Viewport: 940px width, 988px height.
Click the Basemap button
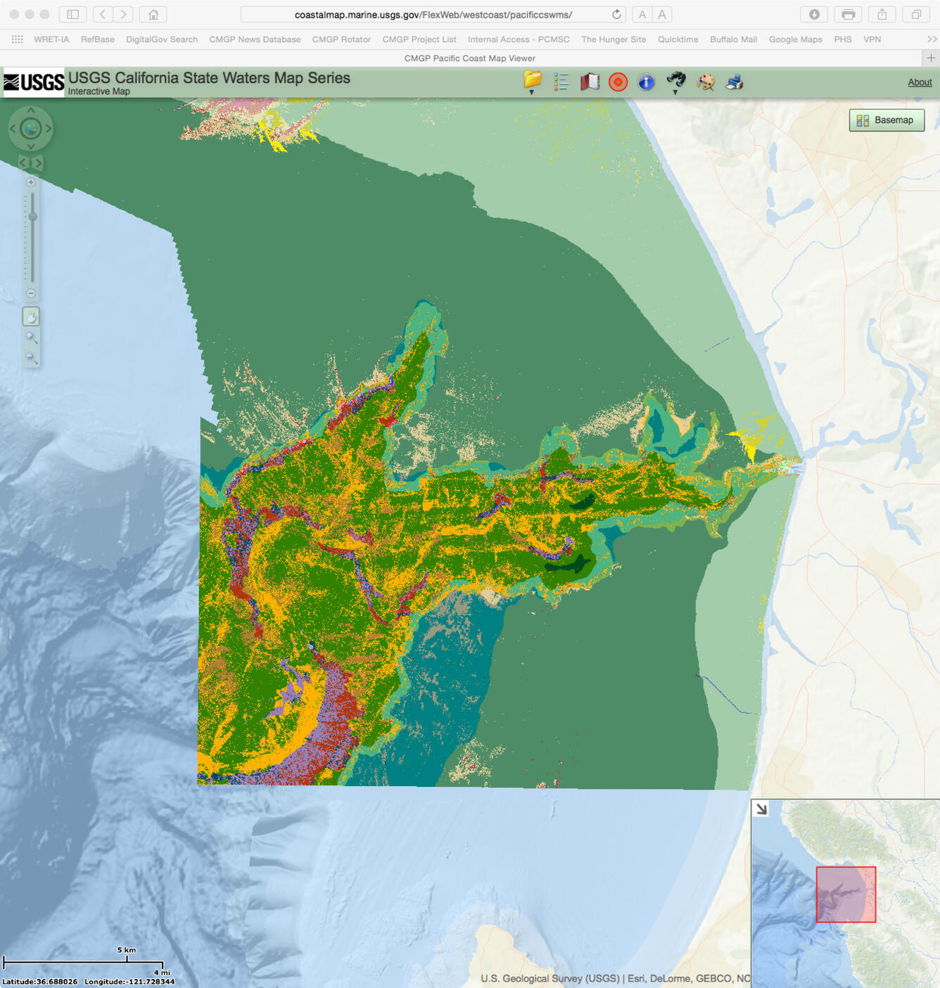tap(886, 120)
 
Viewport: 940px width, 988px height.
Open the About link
tap(919, 82)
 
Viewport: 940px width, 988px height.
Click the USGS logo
tap(33, 82)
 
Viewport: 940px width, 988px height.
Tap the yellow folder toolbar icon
tap(533, 81)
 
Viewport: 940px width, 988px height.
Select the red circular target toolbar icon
tap(618, 82)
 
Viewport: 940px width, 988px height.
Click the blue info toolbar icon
tap(646, 82)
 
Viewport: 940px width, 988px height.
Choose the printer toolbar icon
tap(734, 82)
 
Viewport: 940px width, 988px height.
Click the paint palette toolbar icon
tap(705, 82)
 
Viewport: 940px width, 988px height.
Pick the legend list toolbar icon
tap(561, 82)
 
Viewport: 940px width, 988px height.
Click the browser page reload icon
tap(616, 15)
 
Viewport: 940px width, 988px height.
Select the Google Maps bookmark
tap(795, 39)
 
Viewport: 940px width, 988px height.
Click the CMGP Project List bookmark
tap(419, 39)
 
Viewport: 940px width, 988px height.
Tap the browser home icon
tap(153, 15)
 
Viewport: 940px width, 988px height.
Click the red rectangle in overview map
tap(846, 894)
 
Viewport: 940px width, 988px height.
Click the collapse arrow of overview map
tap(761, 809)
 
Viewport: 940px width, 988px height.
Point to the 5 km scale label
tap(127, 950)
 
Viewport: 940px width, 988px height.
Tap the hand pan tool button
tap(31, 317)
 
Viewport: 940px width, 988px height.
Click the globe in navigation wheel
tap(30, 129)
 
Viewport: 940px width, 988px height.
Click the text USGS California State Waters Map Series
tap(209, 78)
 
